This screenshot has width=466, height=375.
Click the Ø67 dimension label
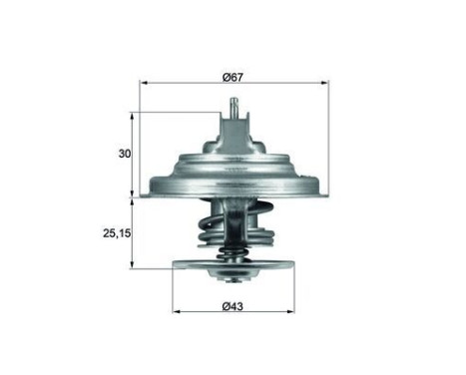pos(234,76)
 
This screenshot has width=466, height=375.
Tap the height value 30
pos(124,154)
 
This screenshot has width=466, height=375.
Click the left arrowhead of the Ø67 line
pos(143,86)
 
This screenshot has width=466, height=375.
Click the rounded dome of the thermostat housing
pos(235,165)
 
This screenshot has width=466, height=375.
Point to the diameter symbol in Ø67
pos(227,76)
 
